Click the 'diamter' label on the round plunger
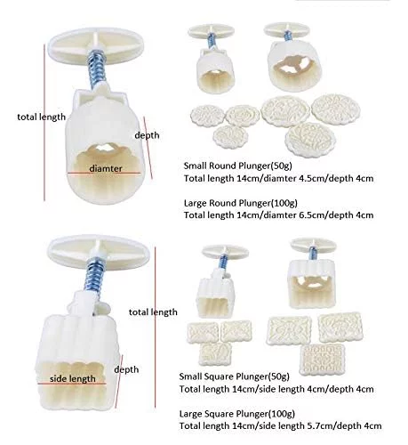(x=106, y=168)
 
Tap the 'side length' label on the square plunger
(x=73, y=379)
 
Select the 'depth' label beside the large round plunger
(x=147, y=135)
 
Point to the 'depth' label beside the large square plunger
(x=126, y=369)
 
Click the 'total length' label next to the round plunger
(x=42, y=117)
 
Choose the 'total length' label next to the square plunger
(x=153, y=312)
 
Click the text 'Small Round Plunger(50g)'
(x=237, y=166)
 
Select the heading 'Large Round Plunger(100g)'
(x=241, y=203)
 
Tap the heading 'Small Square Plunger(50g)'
(x=234, y=376)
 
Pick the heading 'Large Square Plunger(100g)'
(x=237, y=414)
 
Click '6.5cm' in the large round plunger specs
(x=312, y=215)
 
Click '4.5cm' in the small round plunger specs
(x=312, y=179)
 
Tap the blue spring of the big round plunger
(x=97, y=69)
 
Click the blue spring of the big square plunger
(x=93, y=274)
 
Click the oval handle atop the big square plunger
(x=99, y=252)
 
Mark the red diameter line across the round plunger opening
(x=104, y=173)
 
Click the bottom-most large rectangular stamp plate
(x=322, y=360)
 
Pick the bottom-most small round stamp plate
(x=230, y=137)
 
